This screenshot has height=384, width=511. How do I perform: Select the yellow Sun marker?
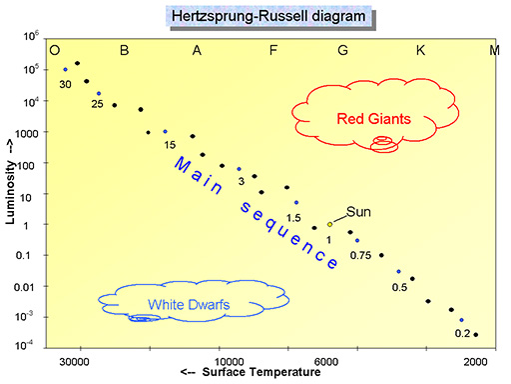[329, 225]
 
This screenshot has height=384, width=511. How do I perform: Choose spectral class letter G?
[343, 51]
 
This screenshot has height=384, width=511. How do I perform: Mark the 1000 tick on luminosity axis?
[26, 132]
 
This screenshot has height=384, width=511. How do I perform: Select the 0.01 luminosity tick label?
[26, 286]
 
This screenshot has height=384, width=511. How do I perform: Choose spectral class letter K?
[420, 51]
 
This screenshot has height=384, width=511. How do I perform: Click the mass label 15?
[170, 143]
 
